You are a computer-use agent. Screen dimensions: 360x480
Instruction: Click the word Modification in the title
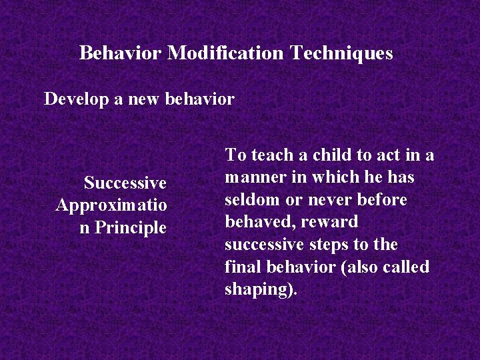tap(226, 53)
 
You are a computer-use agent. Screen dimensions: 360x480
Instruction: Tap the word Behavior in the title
tap(121, 53)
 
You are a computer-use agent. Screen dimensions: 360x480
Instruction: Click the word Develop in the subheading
tap(71, 100)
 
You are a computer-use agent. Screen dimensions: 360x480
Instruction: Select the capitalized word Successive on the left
tap(125, 183)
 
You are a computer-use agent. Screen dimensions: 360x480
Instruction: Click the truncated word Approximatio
tap(111, 205)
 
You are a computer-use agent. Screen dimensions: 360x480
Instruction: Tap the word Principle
tap(131, 227)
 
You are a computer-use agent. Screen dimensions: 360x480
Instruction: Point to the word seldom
tap(249, 199)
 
